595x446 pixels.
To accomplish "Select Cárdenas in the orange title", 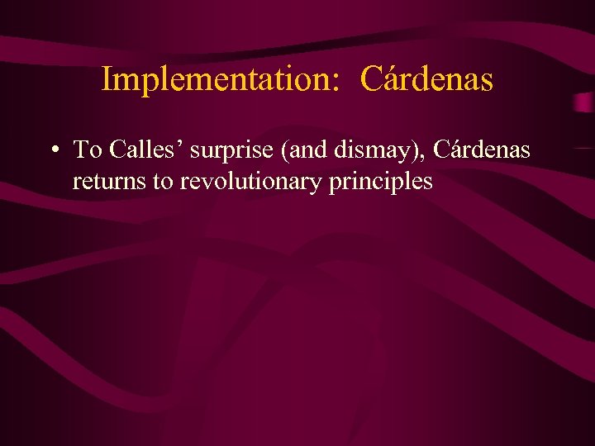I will pos(427,80).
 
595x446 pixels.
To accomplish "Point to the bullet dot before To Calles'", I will pos(53,150).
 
